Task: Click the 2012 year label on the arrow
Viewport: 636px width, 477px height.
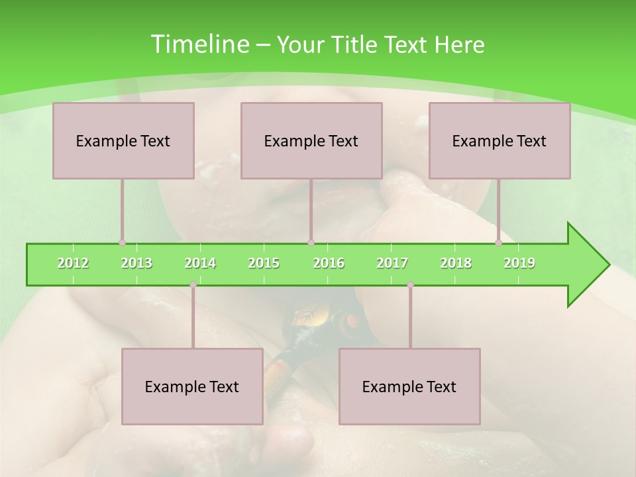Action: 73,263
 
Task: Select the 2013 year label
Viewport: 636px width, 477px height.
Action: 136,263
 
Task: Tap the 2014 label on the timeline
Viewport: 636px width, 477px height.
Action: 200,263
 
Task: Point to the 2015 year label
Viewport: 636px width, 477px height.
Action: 264,263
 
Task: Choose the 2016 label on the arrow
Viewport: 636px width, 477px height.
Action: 329,263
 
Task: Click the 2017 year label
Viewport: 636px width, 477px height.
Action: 392,263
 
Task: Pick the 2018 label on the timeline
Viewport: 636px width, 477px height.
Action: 456,263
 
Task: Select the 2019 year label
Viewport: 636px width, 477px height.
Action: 519,263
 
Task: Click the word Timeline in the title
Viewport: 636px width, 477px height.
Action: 198,44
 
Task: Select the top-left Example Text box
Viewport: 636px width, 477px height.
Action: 123,140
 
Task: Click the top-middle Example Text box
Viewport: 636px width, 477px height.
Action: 311,140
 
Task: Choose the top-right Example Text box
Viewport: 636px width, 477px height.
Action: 500,140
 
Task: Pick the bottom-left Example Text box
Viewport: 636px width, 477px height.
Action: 192,386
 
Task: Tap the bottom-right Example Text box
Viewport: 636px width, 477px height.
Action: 409,386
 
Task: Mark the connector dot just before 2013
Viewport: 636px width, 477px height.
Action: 122,242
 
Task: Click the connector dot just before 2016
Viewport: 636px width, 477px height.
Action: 311,242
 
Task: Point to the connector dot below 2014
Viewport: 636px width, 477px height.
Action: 193,285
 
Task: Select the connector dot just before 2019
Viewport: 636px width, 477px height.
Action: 499,242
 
